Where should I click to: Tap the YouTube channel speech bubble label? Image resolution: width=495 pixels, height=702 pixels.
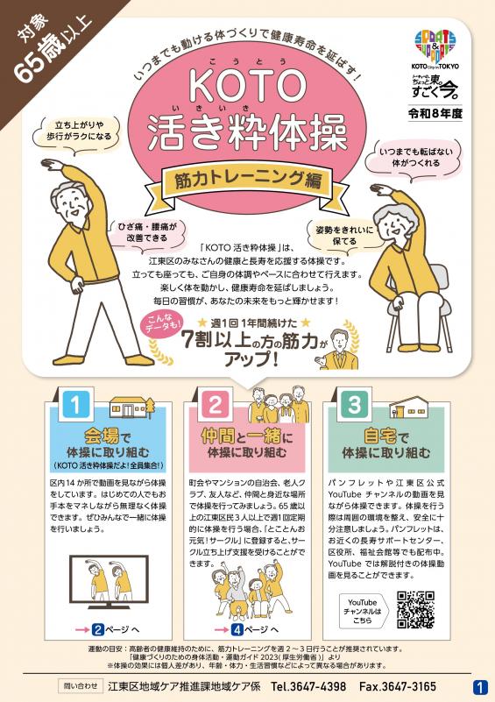[362, 608]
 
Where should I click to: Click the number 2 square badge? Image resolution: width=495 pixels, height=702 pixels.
[214, 406]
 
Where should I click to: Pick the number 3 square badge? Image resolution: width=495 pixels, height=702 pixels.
[354, 406]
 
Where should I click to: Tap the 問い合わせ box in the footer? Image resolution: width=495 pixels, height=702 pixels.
[77, 686]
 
